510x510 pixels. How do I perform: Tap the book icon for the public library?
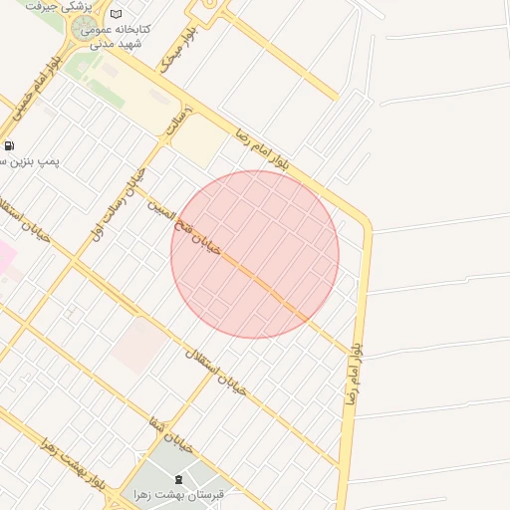pos(117,15)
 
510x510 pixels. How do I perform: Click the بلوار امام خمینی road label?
pos(36,95)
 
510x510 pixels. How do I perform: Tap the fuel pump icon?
pos(9,145)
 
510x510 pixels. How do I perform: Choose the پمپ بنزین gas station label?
pos(50,160)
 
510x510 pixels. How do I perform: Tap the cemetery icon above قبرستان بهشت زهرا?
pos(178,480)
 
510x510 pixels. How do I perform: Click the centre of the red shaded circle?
pos(255,254)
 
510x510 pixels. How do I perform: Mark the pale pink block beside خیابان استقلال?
pos(138,345)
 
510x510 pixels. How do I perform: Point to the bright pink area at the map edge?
pos(5,257)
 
